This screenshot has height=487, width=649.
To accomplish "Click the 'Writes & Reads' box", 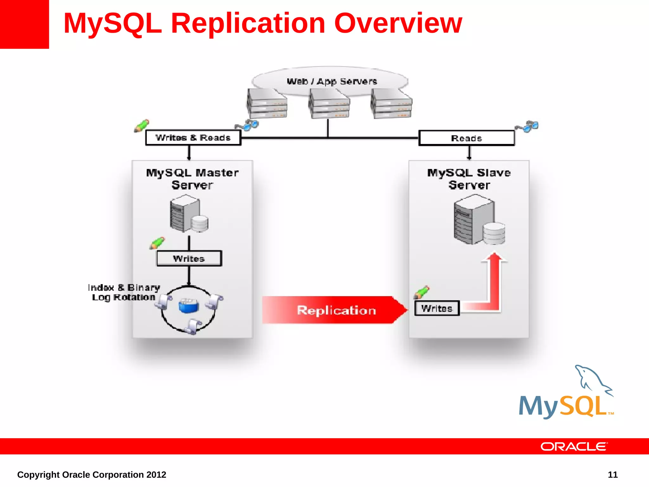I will tap(193, 138).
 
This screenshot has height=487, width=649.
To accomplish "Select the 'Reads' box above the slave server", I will tap(466, 138).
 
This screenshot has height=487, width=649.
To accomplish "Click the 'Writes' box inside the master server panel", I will tap(189, 258).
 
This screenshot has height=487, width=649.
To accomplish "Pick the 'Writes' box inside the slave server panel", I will tap(437, 308).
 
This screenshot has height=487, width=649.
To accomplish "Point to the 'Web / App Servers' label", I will tap(332, 81).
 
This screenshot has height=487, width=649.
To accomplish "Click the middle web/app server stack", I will tap(329, 104).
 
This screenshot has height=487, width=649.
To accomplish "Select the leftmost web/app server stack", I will tap(267, 103).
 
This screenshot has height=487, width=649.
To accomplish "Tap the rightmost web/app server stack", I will tap(391, 104).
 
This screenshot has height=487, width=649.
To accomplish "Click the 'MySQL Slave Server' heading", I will tap(469, 179).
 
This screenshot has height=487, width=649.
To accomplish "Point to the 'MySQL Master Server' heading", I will tap(192, 179).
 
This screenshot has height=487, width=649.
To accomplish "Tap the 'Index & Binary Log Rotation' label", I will tap(124, 292).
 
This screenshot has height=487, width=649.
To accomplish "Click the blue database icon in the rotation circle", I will tap(188, 306).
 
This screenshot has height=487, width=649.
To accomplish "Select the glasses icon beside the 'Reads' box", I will tap(527, 126).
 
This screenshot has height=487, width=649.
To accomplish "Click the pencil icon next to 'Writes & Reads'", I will tap(141, 126).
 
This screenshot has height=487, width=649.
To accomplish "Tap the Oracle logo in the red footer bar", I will tap(574, 446).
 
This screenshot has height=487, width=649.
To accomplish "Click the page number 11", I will tap(613, 475).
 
